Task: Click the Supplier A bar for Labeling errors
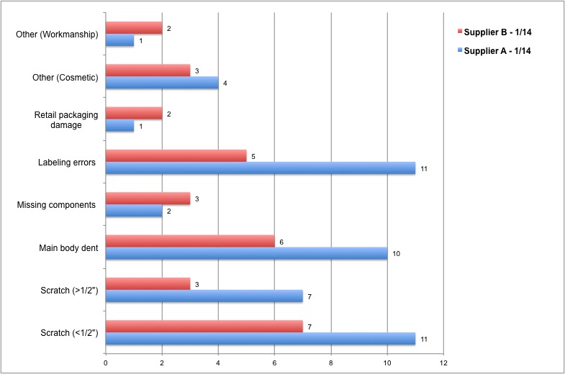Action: [261, 168]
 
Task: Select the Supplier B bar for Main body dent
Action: [190, 242]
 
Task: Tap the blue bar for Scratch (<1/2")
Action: [261, 339]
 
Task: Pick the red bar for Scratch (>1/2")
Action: [148, 284]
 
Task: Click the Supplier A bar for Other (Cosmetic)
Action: [162, 83]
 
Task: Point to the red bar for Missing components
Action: [148, 199]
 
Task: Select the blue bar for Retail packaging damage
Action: [119, 127]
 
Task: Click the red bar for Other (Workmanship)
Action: [134, 28]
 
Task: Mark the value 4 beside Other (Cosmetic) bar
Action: [225, 84]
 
